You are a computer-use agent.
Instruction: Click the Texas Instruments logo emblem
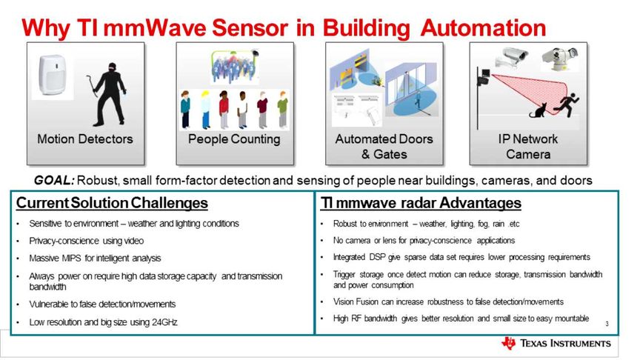click(x=508, y=343)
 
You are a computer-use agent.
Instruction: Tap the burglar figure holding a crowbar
click(x=107, y=94)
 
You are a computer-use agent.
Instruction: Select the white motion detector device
click(x=52, y=76)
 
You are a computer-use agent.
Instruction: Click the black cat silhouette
click(x=539, y=111)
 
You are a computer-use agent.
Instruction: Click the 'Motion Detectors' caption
click(x=85, y=139)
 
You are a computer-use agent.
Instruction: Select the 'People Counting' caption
click(x=234, y=139)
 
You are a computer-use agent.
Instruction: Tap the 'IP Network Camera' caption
click(x=527, y=147)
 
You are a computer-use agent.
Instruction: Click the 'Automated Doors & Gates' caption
click(x=384, y=147)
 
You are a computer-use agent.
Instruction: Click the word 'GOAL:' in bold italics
click(x=54, y=180)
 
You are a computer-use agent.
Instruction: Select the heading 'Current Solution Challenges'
click(x=112, y=203)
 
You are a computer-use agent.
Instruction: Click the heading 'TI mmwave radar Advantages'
click(x=421, y=203)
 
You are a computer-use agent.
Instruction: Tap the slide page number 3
click(x=607, y=324)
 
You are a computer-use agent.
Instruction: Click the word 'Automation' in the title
click(x=483, y=28)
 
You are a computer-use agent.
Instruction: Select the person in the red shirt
click(x=223, y=110)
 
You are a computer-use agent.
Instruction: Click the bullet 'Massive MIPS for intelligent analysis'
click(x=95, y=259)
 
